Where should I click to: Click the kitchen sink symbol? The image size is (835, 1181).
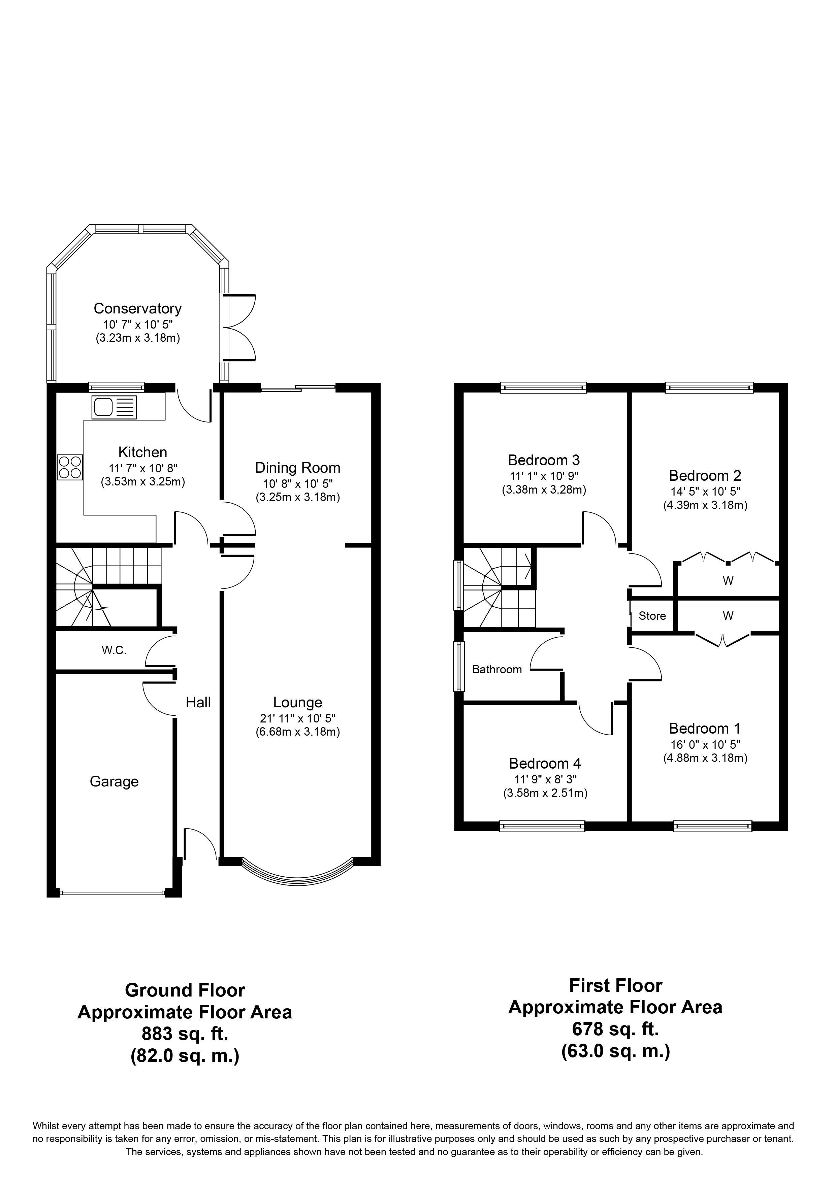[x=114, y=407]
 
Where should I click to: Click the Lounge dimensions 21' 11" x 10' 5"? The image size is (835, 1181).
[x=297, y=718]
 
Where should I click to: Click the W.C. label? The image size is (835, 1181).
[x=114, y=650]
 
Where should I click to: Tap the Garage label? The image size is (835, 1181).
[x=114, y=781]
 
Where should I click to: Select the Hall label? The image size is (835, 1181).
[x=198, y=702]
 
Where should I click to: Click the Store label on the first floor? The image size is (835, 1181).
[x=652, y=616]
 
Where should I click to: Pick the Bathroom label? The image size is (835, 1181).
[x=496, y=669]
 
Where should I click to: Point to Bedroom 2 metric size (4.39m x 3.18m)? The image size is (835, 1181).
[x=705, y=505]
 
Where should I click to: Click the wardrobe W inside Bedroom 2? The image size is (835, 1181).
[x=728, y=581]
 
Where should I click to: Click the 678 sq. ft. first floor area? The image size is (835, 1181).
[x=615, y=1029]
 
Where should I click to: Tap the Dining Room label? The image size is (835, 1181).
[x=297, y=468]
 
